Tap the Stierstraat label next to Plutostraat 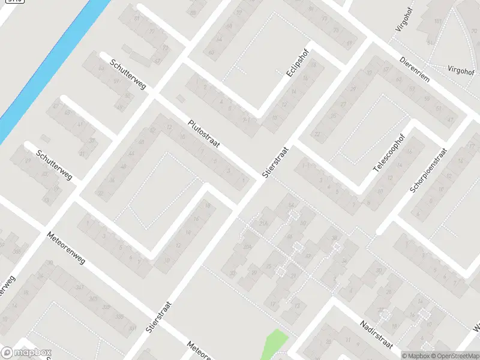coord(275,162)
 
